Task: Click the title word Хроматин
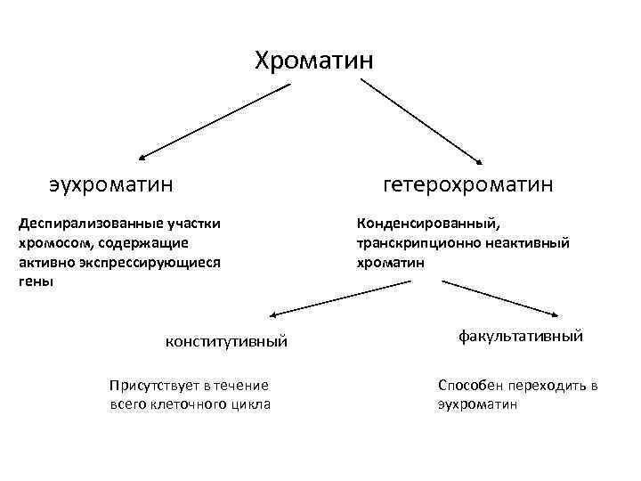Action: [314, 61]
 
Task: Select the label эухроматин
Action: [111, 184]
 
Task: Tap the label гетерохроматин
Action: [467, 184]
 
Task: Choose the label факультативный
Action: [521, 337]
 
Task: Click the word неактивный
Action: [522, 242]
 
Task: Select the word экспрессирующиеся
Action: [145, 262]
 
